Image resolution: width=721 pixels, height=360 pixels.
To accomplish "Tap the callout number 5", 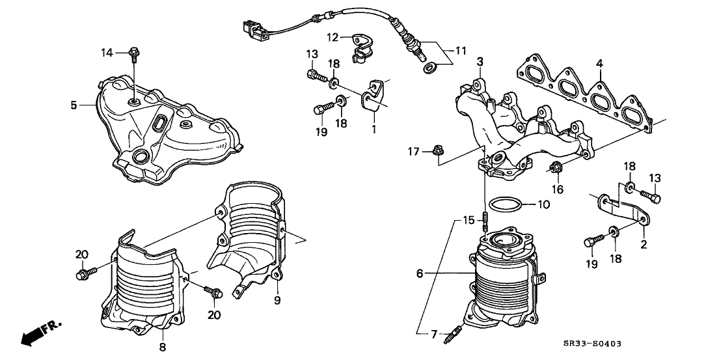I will tap(74, 104).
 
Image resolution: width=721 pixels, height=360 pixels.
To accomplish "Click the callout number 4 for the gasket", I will tap(599, 63).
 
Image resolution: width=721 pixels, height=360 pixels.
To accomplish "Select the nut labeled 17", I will tap(435, 152).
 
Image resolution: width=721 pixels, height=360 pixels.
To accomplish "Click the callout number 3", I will tap(480, 62).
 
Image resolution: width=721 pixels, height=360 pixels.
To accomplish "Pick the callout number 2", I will tap(644, 245).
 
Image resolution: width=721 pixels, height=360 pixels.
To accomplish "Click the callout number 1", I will tap(374, 130).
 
